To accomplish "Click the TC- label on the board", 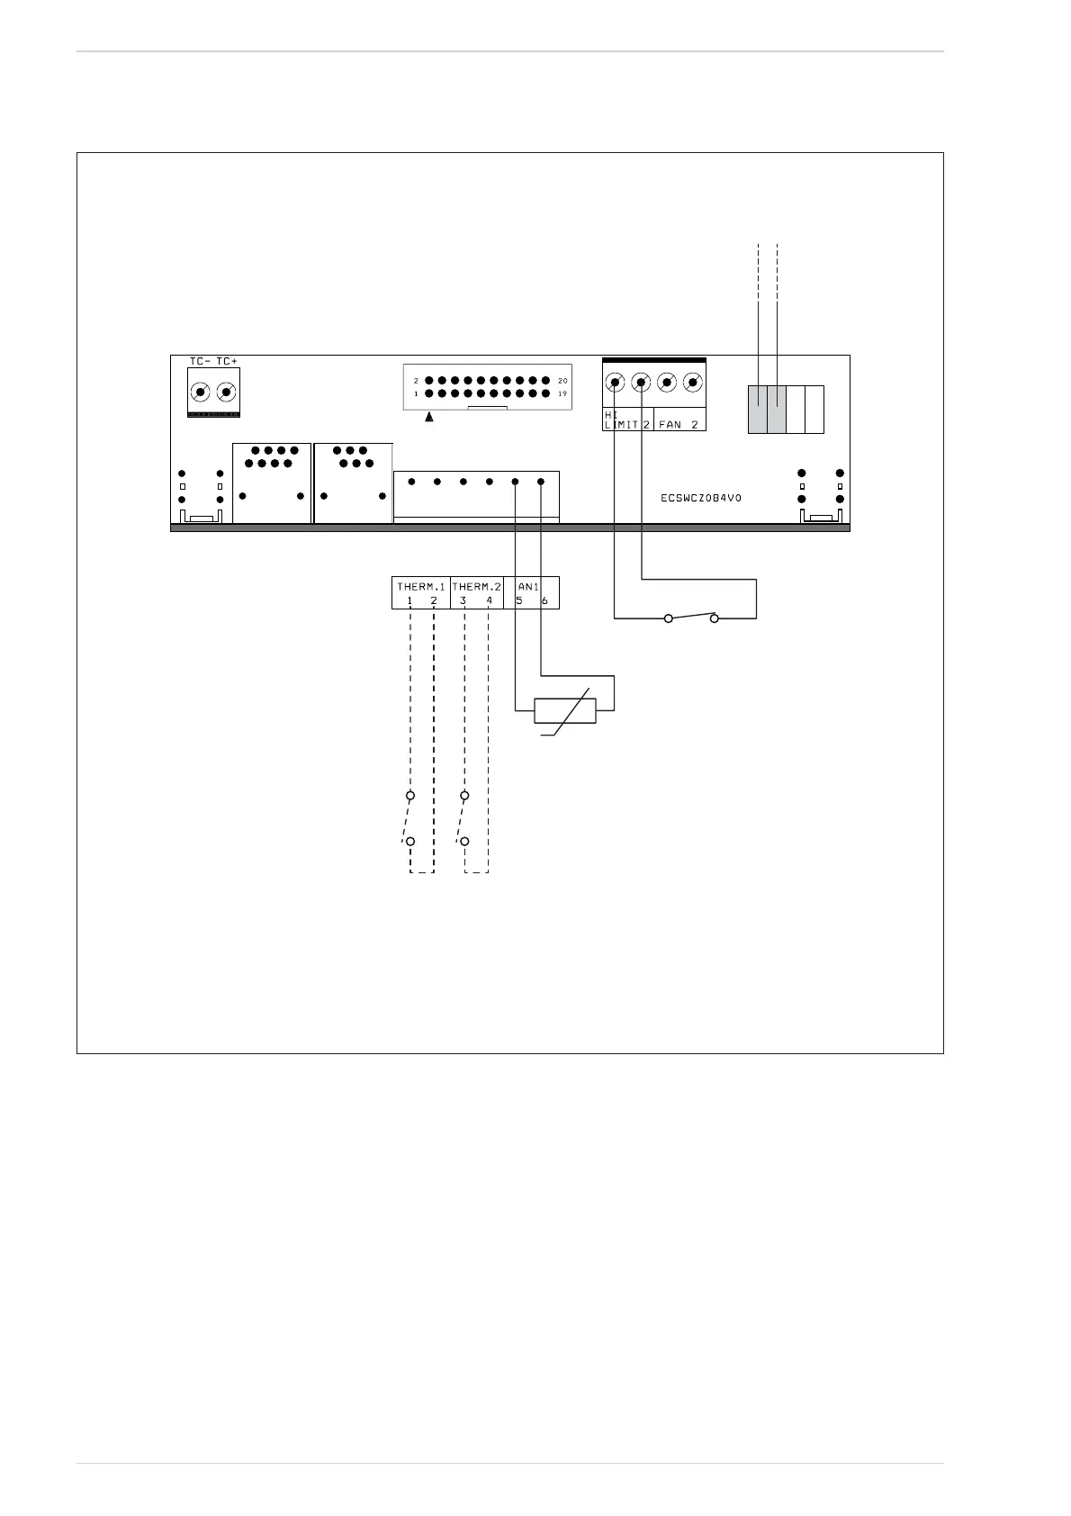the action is [200, 362].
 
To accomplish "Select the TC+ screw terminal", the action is [226, 393].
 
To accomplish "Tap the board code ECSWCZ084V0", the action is [701, 498].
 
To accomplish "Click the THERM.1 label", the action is [421, 587].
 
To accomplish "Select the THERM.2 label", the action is [476, 587].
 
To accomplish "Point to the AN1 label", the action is [528, 587].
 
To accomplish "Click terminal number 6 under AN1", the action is [544, 600].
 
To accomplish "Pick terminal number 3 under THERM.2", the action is [463, 600].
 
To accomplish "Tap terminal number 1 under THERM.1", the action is [409, 600].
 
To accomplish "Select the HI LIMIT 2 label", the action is [626, 420].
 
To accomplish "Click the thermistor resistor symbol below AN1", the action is [564, 710].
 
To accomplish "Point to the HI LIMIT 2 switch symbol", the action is [691, 618].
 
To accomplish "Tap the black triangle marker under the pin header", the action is [430, 418].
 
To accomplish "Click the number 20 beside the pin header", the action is [562, 381].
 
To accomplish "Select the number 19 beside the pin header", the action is [562, 394].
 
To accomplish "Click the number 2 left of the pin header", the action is [416, 381].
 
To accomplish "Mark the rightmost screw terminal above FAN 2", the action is [693, 383].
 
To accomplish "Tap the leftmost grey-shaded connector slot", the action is [758, 409].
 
